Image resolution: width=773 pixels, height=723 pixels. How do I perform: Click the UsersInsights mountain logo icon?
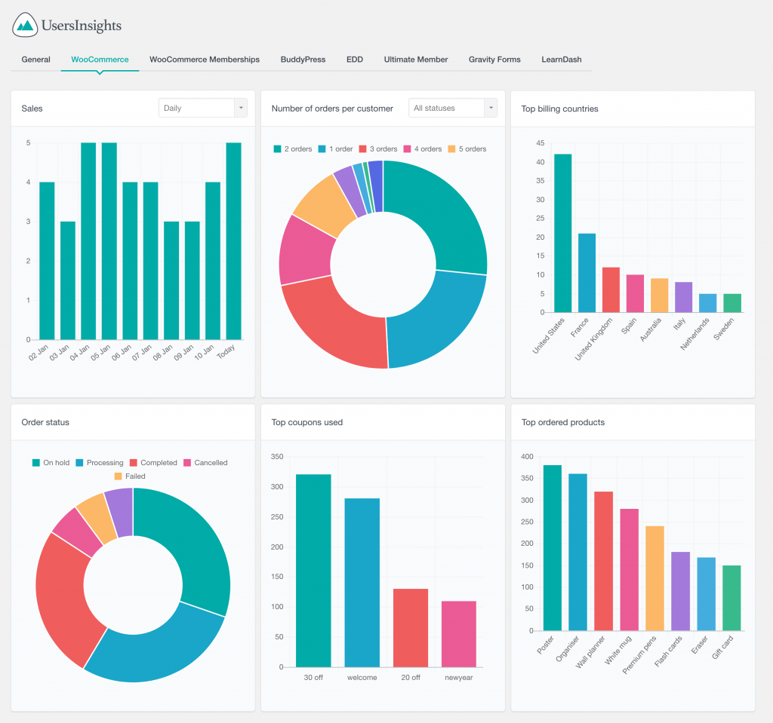pos(26,26)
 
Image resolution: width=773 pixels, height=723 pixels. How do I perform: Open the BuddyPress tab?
pos(303,60)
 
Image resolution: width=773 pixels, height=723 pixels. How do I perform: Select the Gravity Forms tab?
pos(494,60)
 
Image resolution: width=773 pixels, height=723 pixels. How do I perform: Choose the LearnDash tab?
pos(561,60)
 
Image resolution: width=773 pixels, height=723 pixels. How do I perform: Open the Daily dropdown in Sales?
pos(203,108)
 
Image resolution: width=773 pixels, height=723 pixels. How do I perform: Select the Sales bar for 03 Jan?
pos(68,280)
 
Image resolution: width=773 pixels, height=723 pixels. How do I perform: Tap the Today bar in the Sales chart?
pos(233,241)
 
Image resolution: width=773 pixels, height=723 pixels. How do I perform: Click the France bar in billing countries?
pos(587,273)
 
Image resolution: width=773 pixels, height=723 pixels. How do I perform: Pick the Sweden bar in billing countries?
pos(731,303)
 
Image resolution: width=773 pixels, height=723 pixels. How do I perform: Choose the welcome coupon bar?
pos(362,582)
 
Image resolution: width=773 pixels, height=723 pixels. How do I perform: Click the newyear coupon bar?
pos(459,633)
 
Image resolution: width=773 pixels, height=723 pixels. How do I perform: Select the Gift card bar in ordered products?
pos(731,598)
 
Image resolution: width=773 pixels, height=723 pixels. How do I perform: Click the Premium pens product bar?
pos(654,578)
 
